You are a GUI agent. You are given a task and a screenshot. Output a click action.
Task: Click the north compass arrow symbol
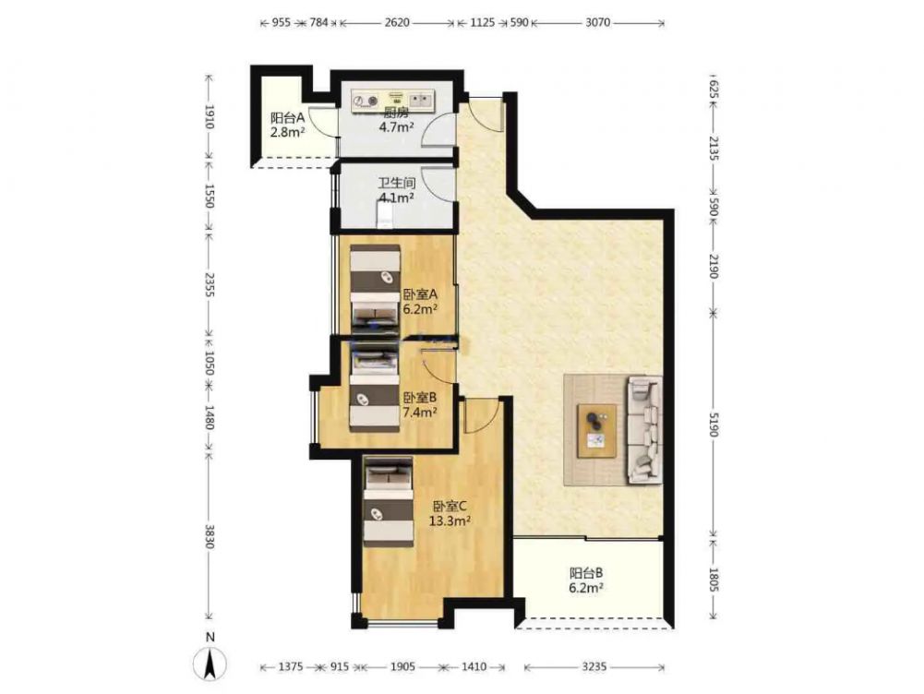210,664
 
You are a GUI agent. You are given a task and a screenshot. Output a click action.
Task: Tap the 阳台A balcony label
288,125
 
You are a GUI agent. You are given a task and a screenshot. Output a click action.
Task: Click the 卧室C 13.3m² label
450,513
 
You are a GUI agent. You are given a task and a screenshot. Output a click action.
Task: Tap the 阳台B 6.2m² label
586,580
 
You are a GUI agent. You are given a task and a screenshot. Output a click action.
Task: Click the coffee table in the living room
597,431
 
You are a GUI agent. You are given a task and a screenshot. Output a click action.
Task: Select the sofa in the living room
644,430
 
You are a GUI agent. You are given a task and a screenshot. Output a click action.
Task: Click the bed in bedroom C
388,501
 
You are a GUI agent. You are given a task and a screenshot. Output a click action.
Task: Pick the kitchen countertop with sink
393,101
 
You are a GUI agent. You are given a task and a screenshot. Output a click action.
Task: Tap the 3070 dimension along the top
597,23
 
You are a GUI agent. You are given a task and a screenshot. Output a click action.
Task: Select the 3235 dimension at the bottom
594,667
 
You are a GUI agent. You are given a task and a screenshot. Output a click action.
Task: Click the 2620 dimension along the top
397,23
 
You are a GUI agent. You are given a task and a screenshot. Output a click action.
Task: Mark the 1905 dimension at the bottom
403,667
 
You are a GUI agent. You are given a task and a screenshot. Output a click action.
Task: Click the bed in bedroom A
376,286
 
